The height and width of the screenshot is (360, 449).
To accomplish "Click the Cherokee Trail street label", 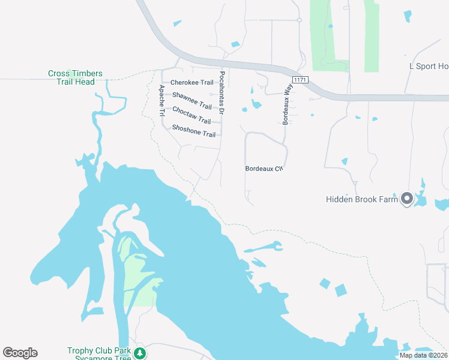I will pyautogui.click(x=191, y=83).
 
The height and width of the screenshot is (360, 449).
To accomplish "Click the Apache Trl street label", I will pyautogui.click(x=161, y=100).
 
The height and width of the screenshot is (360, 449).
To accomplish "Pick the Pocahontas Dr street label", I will pyautogui.click(x=221, y=93).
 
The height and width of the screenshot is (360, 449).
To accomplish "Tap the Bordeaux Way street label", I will pyautogui.click(x=287, y=104).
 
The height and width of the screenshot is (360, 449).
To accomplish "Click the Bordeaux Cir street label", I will pyautogui.click(x=264, y=169).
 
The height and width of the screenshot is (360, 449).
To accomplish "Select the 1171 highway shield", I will pyautogui.click(x=300, y=80).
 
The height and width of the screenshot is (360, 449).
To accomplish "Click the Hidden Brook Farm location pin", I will pyautogui.click(x=406, y=199).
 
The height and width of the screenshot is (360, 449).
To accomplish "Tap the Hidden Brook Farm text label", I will pyautogui.click(x=362, y=199).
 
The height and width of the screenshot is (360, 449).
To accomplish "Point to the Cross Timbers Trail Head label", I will pyautogui.click(x=75, y=77).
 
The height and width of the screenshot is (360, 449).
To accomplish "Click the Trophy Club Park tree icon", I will pyautogui.click(x=140, y=352).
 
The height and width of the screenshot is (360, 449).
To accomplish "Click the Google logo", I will pyautogui.click(x=20, y=353).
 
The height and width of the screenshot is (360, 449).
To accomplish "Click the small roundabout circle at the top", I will pyautogui.click(x=299, y=20).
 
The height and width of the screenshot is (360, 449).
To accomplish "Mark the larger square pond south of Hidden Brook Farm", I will pyautogui.click(x=340, y=290).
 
